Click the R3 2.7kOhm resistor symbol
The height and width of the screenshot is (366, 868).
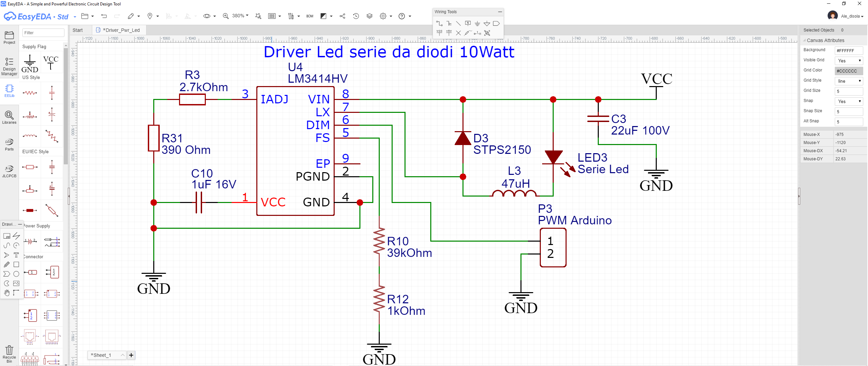tap(192, 99)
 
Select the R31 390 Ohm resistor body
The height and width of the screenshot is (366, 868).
tap(154, 138)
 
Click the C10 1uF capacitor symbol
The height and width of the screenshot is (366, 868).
tap(199, 202)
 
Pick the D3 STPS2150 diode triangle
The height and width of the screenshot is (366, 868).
tap(463, 138)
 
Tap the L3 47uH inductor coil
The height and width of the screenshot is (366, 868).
tap(514, 194)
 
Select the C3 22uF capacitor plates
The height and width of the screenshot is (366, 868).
tap(598, 119)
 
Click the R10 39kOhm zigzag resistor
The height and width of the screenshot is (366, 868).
tap(379, 241)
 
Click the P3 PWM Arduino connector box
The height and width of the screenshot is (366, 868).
tap(553, 247)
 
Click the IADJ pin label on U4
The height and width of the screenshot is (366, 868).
tap(274, 99)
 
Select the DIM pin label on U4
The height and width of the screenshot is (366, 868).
tap(318, 125)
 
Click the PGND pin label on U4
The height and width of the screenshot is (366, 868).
tap(313, 177)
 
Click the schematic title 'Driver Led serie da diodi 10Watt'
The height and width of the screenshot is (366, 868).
tap(389, 52)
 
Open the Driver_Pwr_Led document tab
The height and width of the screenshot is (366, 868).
tap(121, 30)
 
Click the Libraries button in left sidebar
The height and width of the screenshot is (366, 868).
tap(9, 117)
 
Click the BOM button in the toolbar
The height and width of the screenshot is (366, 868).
tap(310, 16)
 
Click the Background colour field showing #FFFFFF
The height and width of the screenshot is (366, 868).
tap(849, 50)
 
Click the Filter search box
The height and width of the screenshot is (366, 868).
tap(43, 33)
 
